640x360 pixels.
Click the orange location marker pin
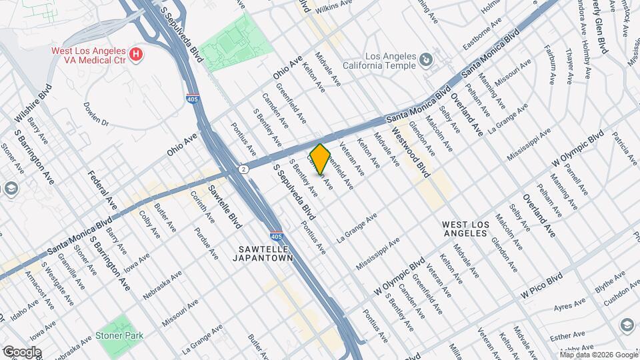[x=321, y=159]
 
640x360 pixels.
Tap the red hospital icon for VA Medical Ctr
[x=136, y=53]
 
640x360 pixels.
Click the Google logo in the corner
[x=22, y=352]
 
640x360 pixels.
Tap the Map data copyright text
[x=599, y=355]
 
